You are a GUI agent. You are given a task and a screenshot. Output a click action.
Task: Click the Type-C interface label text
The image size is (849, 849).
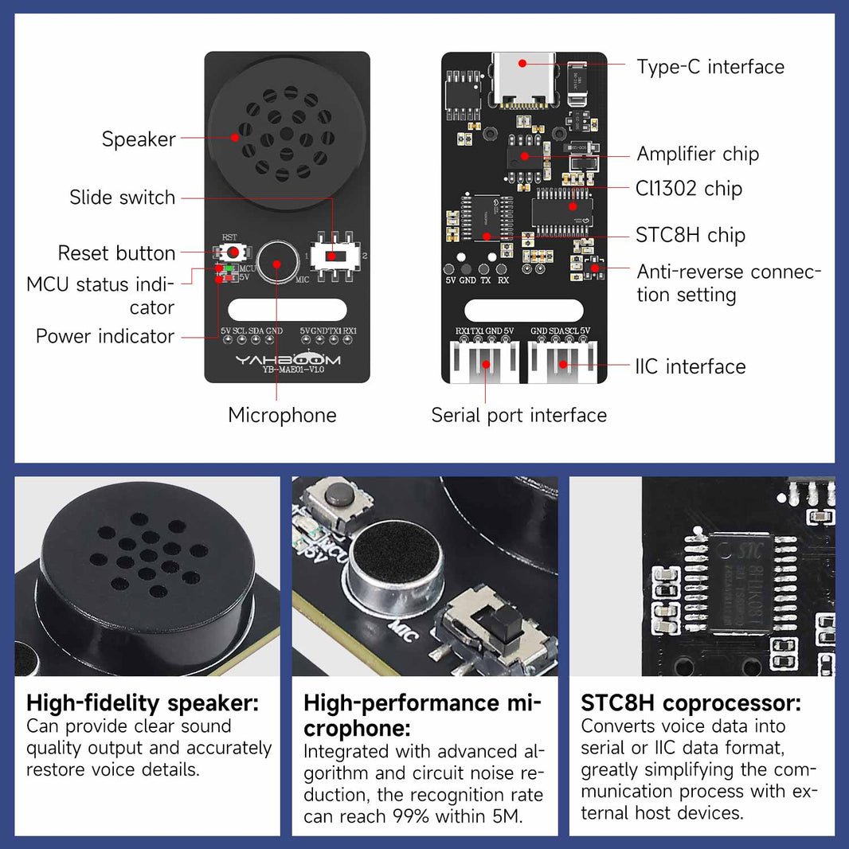(710, 67)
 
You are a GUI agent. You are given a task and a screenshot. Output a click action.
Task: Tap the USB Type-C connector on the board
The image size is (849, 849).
(523, 80)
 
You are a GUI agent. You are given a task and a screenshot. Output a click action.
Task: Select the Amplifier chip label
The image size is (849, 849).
(698, 154)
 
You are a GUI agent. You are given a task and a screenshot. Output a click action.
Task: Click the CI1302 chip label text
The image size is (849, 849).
(688, 189)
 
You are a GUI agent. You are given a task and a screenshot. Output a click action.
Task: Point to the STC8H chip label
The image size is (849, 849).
(690, 236)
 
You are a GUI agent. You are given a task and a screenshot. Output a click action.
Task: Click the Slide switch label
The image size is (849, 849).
(122, 198)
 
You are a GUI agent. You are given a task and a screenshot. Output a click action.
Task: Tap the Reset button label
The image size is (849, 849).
(116, 253)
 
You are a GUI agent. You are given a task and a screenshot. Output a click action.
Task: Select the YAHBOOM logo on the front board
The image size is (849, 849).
(287, 361)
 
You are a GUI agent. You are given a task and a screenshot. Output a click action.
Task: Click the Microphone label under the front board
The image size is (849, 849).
(282, 415)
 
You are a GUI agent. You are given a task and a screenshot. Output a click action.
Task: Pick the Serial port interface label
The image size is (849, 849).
(518, 415)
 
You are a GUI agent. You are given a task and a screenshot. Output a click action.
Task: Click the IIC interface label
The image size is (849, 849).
(690, 366)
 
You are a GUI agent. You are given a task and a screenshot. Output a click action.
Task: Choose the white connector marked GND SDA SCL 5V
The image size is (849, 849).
(562, 362)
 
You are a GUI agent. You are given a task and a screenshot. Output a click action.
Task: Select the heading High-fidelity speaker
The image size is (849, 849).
(143, 703)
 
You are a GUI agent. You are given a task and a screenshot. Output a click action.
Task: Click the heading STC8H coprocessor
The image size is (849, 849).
(691, 703)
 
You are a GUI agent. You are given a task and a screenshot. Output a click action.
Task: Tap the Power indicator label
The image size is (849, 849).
(104, 336)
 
